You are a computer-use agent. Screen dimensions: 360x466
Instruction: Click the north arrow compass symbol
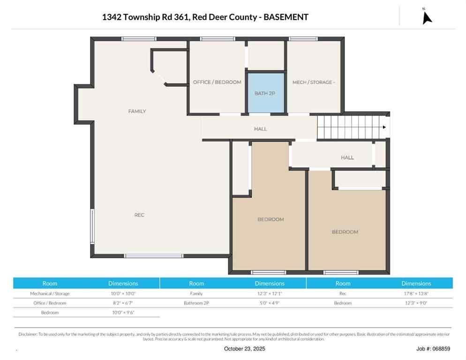427,17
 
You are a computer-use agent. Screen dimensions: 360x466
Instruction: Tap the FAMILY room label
137,112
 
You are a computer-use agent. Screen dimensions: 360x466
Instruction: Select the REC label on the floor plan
139,215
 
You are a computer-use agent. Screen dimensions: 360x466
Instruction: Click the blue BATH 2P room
265,93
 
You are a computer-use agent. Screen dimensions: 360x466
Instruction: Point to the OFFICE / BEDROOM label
217,82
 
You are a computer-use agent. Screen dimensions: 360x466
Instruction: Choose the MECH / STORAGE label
314,82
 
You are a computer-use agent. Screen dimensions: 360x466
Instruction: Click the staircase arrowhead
384,127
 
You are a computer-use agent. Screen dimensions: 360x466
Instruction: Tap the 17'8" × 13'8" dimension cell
416,293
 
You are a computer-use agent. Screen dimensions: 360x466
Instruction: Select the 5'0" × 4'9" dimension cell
269,303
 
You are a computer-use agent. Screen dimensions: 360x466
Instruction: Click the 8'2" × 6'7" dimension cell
123,303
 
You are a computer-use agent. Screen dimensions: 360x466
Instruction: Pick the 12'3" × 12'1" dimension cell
269,293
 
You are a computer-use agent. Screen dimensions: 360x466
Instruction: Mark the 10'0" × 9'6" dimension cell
123,313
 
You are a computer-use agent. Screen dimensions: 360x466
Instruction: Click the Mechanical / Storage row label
50,293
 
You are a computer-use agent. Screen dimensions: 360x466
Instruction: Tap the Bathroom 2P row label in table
196,303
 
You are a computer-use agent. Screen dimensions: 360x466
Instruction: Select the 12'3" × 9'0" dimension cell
416,303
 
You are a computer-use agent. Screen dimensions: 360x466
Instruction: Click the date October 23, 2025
244,349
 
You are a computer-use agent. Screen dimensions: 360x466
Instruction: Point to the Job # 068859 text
433,349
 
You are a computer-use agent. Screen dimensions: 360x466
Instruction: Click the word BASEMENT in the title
286,17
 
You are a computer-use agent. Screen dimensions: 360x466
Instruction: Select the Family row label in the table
196,293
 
